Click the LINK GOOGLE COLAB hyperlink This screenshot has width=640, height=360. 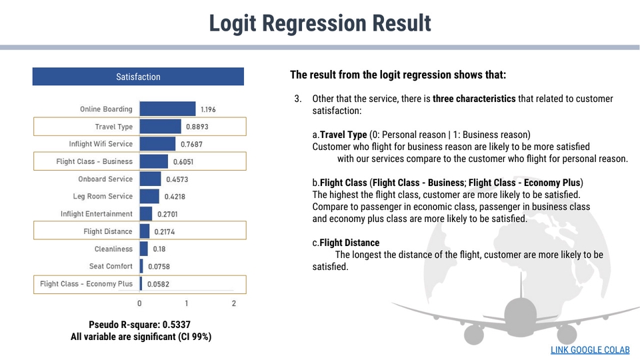[x=590, y=350]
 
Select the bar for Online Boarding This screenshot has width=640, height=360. [x=167, y=109]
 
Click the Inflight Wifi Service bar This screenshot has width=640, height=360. [x=157, y=144]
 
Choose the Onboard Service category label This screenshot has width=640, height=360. [x=105, y=179]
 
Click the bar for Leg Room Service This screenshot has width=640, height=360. [x=149, y=196]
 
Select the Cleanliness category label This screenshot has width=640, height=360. [x=113, y=249]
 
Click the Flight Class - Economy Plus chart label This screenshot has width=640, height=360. [x=87, y=284]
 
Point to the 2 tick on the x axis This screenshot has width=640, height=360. [x=234, y=303]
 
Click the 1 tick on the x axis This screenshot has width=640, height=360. [x=187, y=303]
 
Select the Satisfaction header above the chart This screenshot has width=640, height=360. [x=138, y=77]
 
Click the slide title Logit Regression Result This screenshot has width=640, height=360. [x=320, y=23]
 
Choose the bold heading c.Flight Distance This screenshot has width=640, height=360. [x=345, y=243]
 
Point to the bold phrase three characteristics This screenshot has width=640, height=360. [x=474, y=99]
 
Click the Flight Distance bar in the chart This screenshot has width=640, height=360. [x=145, y=231]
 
